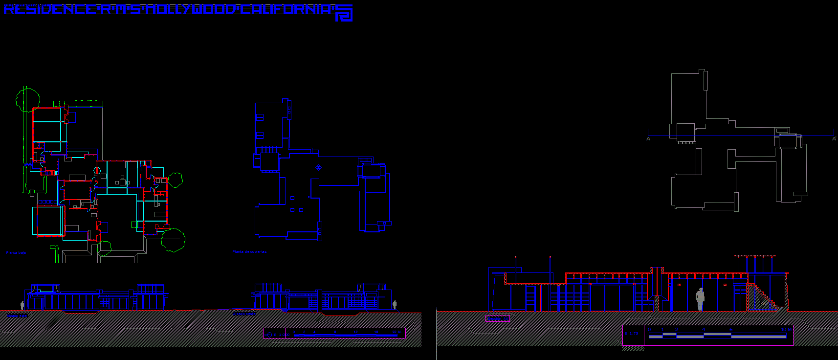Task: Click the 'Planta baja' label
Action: [16, 253]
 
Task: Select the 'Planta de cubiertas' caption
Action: [249, 252]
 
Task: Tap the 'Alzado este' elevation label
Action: [17, 315]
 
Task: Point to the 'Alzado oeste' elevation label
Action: [244, 314]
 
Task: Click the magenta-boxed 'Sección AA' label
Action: [498, 318]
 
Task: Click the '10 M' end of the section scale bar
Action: [786, 330]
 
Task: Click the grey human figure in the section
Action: [700, 299]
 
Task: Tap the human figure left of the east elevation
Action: [22, 305]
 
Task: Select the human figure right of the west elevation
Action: [395, 305]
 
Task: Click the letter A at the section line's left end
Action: [648, 139]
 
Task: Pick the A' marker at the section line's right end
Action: [834, 139]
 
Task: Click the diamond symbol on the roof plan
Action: [319, 168]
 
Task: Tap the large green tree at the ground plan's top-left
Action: [27, 99]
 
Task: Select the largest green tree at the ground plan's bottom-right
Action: [173, 240]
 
